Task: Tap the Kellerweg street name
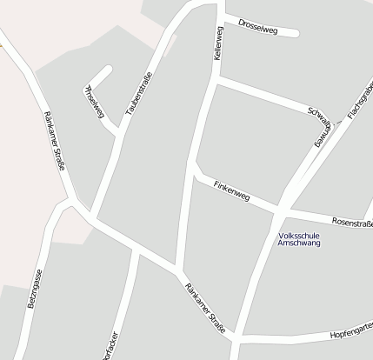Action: tap(218, 42)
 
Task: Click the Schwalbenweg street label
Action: tap(321, 127)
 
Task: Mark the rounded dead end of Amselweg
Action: tap(108, 69)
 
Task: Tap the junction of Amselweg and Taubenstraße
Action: tap(119, 132)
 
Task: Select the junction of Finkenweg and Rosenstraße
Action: tap(281, 211)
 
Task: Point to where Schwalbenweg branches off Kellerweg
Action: tap(215, 82)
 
